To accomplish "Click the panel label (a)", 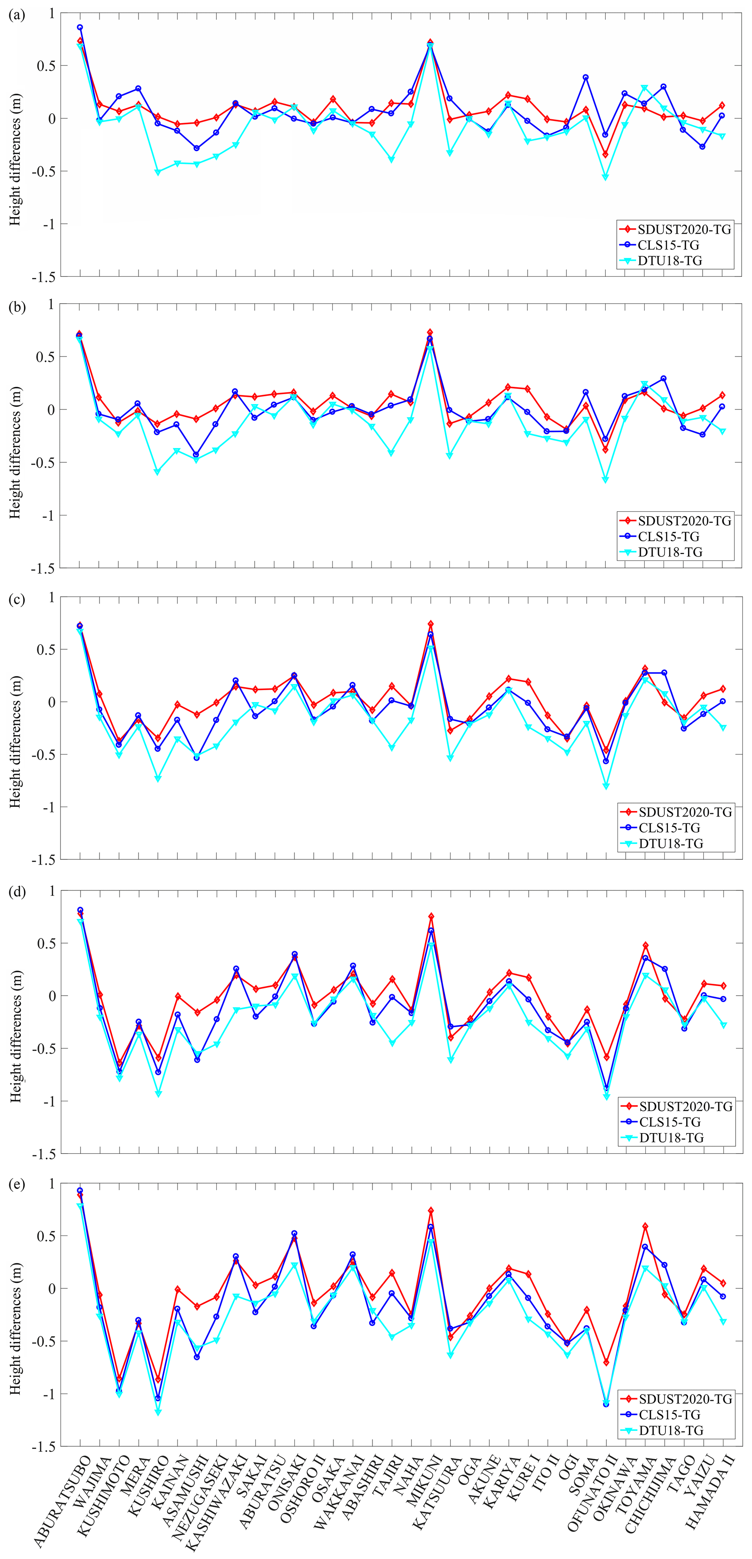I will click(x=16, y=15).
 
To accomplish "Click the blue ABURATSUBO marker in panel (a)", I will click(x=80, y=27).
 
